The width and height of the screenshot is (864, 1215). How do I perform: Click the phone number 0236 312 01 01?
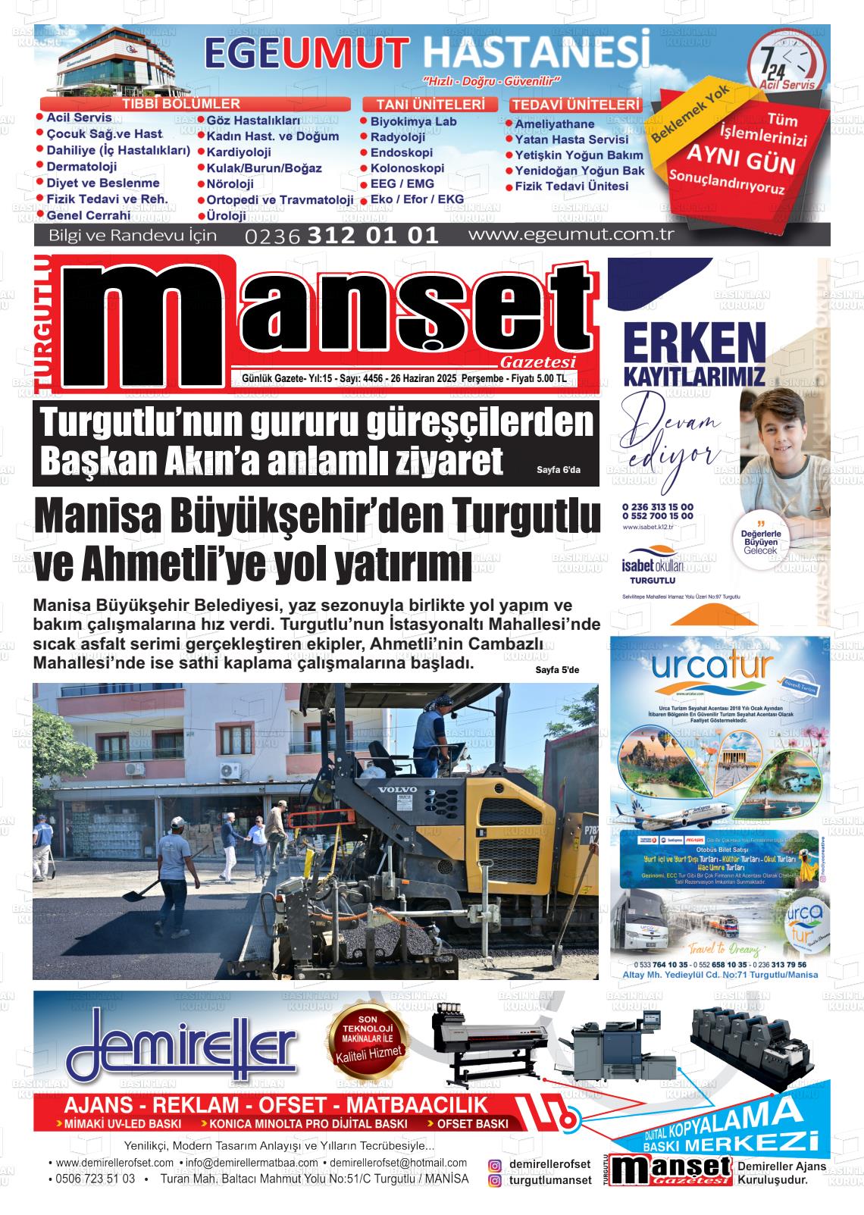(342, 236)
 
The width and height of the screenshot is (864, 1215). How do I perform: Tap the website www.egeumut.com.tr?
(571, 234)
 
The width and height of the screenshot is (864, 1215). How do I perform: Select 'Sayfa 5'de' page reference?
(557, 670)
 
